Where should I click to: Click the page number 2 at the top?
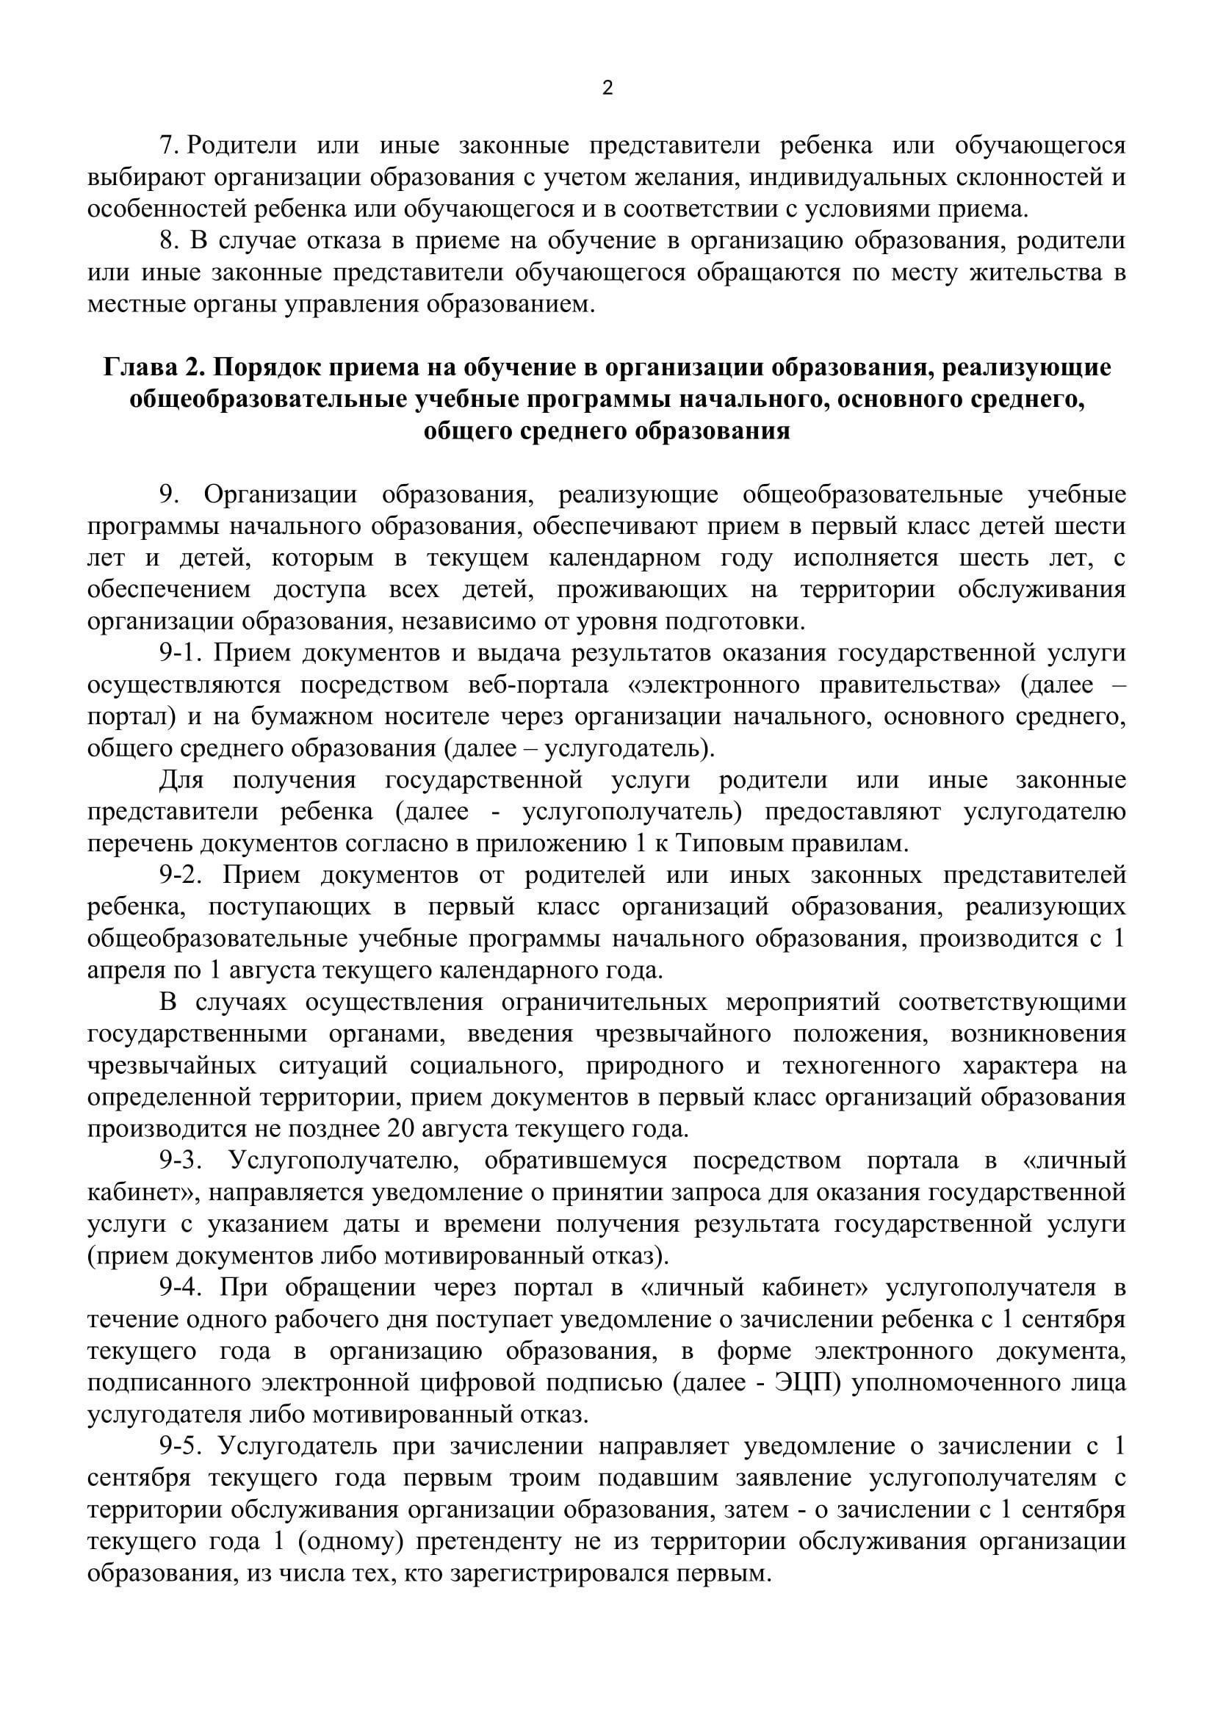607,89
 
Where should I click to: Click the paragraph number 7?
168,145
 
